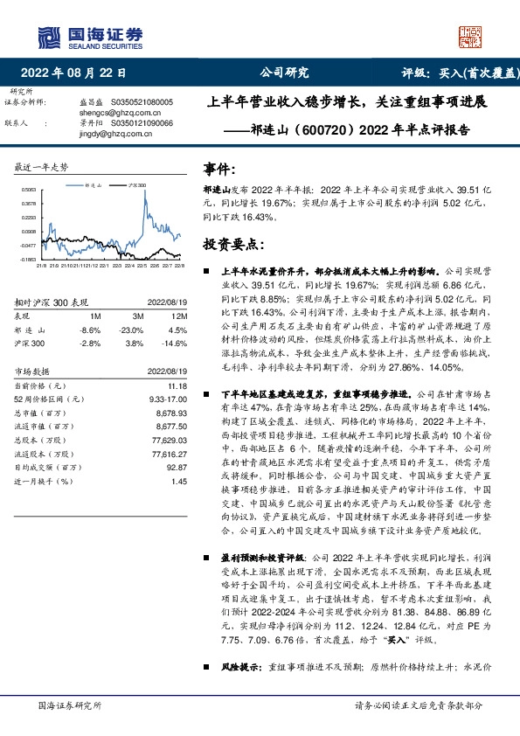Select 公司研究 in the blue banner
click(285, 73)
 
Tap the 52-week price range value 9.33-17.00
click(170, 398)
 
